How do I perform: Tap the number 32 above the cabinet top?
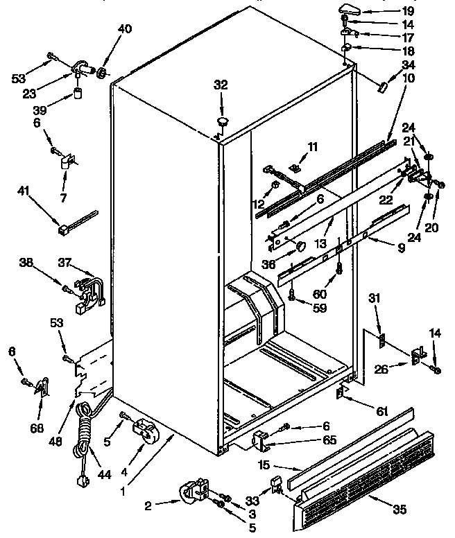(221, 85)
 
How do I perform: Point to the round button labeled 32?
(224, 123)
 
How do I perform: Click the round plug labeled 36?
(299, 245)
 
